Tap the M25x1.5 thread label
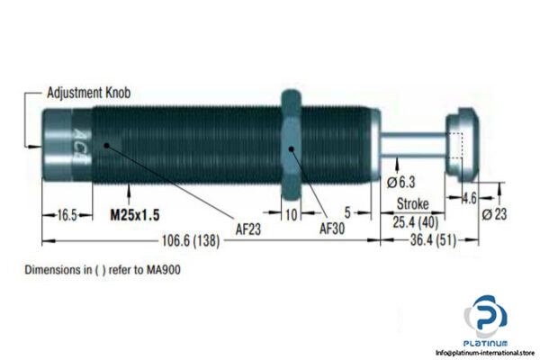136,216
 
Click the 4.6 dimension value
469,198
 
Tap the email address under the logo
485,352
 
